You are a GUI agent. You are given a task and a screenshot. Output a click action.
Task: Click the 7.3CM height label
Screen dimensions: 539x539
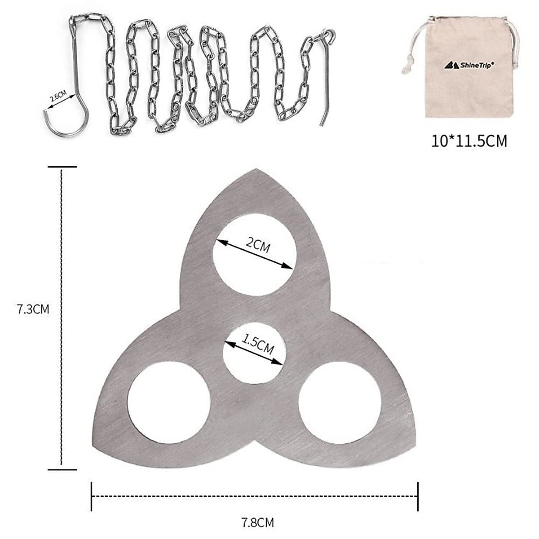point(33,309)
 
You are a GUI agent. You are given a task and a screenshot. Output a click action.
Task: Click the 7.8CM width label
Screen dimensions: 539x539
point(257,522)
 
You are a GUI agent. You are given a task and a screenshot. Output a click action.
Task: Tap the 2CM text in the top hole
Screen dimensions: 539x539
point(258,246)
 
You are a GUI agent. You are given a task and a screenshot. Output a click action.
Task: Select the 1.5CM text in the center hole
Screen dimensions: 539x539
point(257,345)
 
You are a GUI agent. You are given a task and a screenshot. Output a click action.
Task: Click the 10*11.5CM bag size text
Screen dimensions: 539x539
point(469,141)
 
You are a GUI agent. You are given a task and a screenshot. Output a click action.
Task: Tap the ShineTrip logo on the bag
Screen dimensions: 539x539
point(468,65)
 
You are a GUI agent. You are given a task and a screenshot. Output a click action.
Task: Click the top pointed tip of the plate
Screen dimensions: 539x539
point(256,169)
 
